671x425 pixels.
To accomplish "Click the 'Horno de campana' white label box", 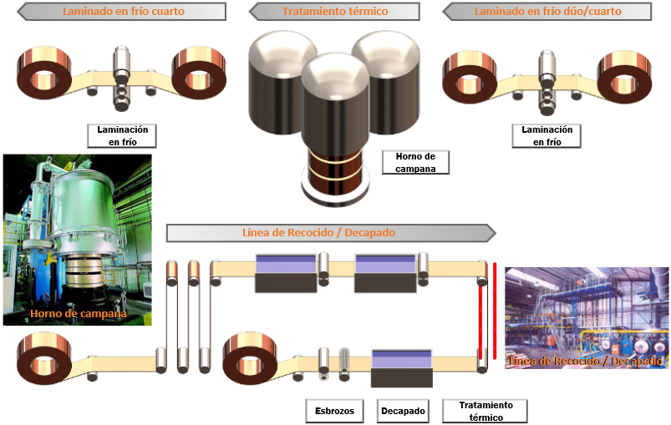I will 414,162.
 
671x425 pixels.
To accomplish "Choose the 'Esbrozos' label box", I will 335,411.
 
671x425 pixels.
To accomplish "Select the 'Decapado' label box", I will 404,411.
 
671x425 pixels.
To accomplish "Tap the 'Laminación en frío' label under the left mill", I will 123,136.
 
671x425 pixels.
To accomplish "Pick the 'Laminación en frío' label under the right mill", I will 546,136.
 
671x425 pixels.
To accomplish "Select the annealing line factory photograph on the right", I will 587,318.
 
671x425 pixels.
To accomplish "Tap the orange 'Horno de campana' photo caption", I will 78,314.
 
